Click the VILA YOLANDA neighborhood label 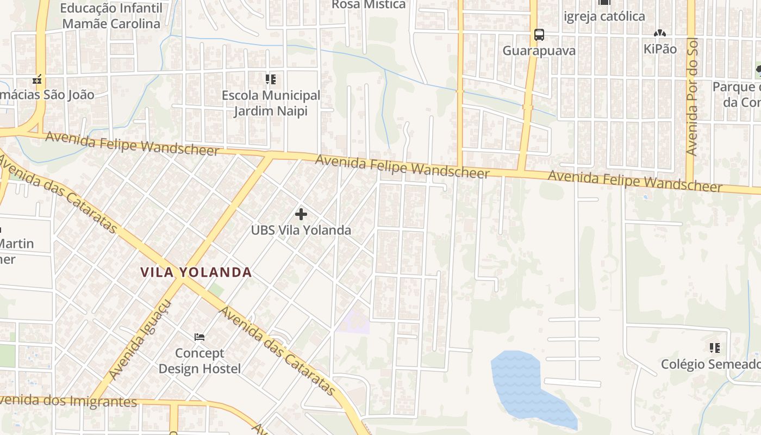point(196,272)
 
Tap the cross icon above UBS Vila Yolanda point(301,214)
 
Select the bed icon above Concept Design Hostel point(199,337)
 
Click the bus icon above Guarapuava point(539,35)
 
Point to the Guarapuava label point(539,51)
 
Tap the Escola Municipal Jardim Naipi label point(271,103)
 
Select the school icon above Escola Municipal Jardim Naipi point(271,80)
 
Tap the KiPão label point(660,49)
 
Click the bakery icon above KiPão point(660,34)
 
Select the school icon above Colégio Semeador point(714,347)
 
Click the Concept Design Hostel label point(199,361)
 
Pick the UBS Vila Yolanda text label point(301,230)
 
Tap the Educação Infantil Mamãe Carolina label point(111,16)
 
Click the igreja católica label point(604,16)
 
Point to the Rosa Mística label point(369,4)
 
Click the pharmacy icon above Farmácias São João point(37,80)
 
